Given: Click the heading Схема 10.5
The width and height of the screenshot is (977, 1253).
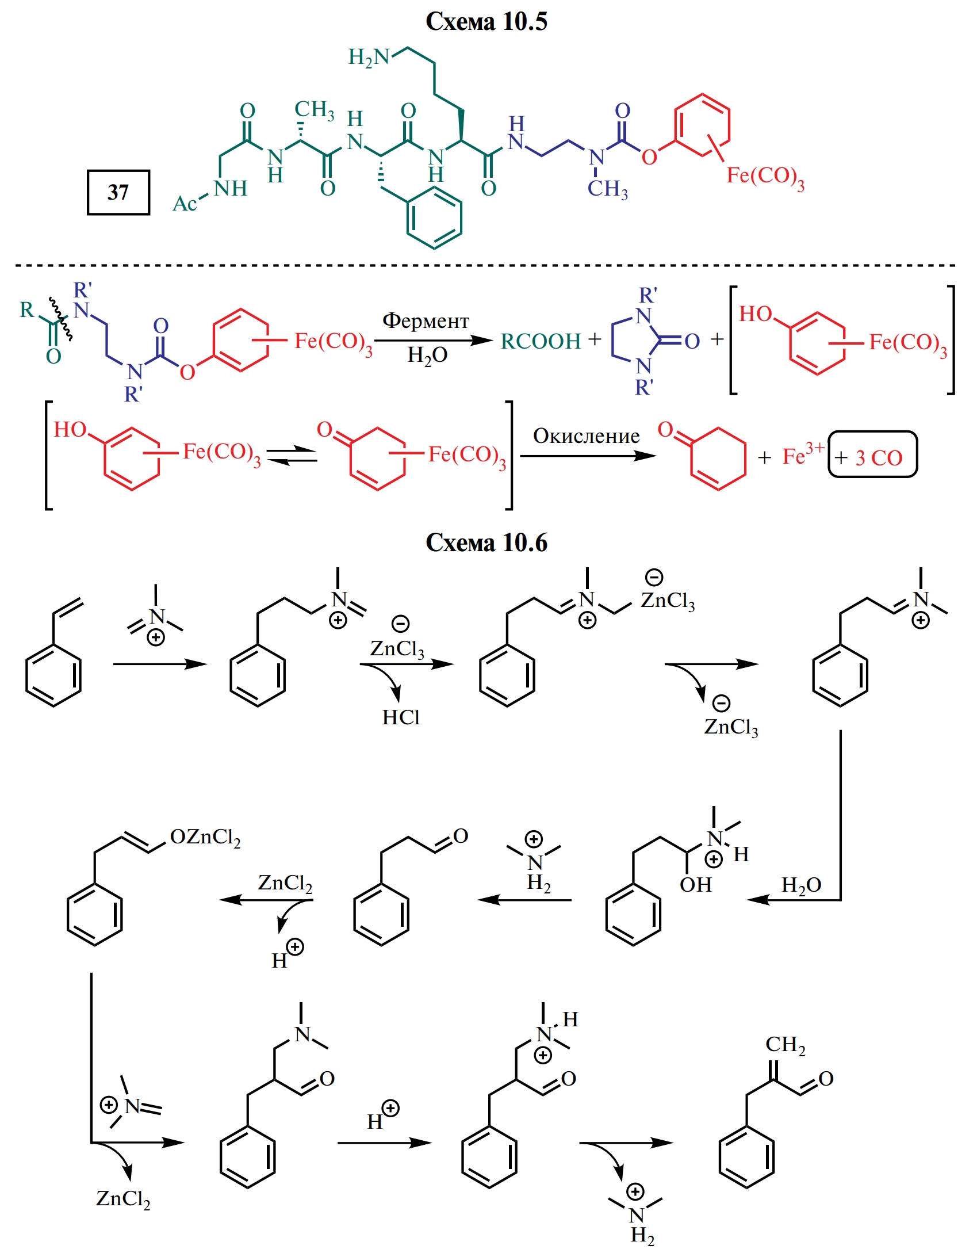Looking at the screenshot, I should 486,22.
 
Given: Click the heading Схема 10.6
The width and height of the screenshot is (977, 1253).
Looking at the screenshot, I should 486,543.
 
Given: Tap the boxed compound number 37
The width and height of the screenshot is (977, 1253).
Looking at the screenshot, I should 118,192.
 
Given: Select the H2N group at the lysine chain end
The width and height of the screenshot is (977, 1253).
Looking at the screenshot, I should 369,58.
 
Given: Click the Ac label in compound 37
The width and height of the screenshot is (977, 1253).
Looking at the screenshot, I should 185,204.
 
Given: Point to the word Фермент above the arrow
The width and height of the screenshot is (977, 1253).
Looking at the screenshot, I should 426,320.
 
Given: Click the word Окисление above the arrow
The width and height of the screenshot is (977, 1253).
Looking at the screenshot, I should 586,436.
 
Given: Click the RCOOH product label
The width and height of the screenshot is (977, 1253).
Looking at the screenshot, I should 541,341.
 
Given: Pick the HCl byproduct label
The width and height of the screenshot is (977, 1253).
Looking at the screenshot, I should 401,717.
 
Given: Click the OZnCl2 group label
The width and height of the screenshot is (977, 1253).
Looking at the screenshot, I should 205,837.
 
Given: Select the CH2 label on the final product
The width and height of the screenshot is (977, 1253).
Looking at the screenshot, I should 785,1045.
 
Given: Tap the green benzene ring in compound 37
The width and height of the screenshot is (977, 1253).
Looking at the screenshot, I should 434,218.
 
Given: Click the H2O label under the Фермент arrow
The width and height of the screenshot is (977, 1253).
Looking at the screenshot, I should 427,356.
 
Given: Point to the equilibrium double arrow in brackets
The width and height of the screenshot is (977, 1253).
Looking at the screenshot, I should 292,456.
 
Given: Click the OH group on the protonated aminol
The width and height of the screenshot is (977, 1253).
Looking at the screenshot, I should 695,884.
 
